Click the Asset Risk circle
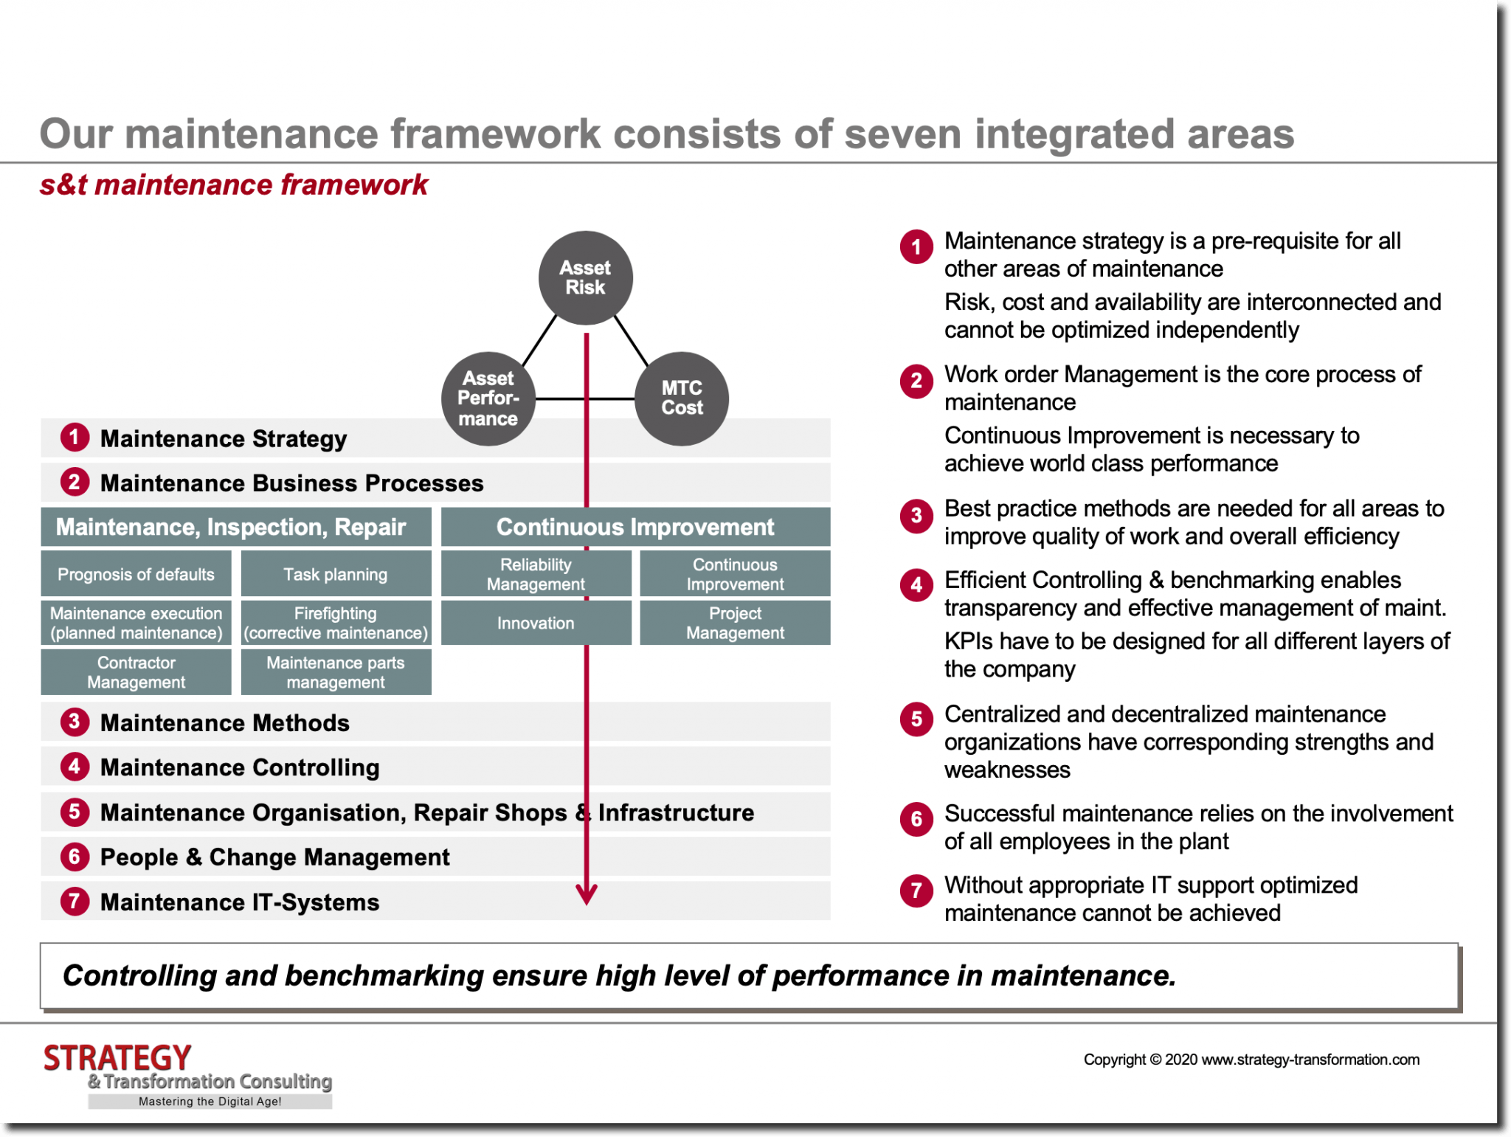[585, 277]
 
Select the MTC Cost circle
[681, 398]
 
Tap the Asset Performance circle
[488, 398]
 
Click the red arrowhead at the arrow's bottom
[587, 895]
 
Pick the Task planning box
[336, 574]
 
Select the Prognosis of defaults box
[136, 574]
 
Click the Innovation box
[536, 623]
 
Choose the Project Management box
[735, 623]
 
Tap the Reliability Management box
[536, 574]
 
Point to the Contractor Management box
[136, 672]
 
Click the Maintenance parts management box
[336, 672]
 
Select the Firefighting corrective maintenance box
[336, 623]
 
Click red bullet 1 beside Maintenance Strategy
[75, 438]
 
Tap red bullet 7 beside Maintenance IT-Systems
[75, 901]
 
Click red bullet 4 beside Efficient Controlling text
[916, 585]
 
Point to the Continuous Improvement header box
[635, 527]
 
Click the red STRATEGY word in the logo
[117, 1058]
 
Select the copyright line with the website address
[1251, 1060]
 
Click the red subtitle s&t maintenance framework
[234, 184]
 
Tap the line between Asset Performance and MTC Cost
[561, 399]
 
